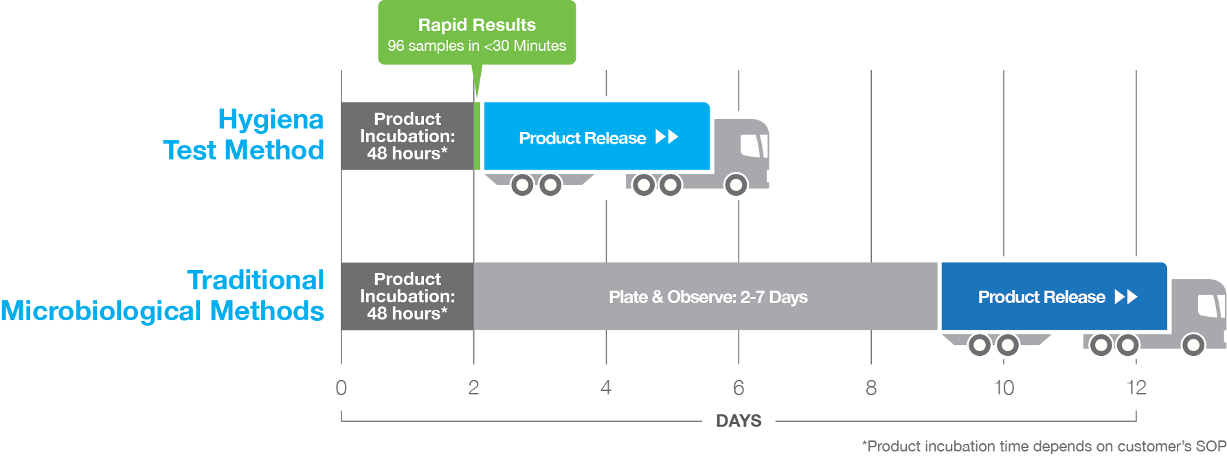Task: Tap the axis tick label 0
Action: click(341, 388)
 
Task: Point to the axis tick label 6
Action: click(739, 388)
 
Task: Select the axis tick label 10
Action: click(1004, 388)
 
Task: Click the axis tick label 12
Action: click(1136, 388)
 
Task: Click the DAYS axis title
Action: click(739, 421)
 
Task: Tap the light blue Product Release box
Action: click(596, 137)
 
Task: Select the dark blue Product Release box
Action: click(1053, 297)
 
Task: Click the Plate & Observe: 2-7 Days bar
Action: click(708, 297)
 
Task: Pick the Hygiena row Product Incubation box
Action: click(407, 136)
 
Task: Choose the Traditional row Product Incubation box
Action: click(407, 296)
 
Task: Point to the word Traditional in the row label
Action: click(255, 280)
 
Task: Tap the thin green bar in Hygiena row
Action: click(477, 136)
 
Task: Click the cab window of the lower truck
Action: click(1211, 306)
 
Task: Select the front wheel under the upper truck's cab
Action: click(736, 185)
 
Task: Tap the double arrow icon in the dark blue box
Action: click(1126, 297)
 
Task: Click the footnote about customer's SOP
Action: click(1044, 447)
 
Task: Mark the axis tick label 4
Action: click(606, 388)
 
